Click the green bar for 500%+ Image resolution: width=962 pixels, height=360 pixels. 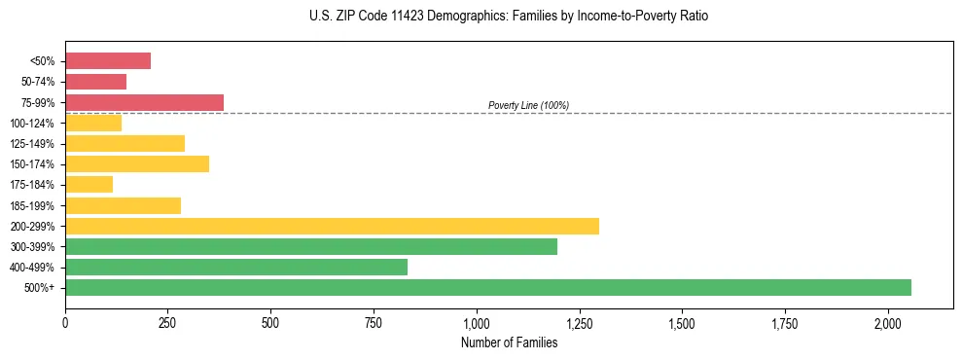tap(487, 287)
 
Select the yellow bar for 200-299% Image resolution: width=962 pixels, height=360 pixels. tap(332, 226)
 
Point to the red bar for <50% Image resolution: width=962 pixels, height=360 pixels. tap(108, 61)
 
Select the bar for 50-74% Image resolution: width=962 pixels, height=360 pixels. tap(95, 82)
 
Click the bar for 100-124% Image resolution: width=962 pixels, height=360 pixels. tap(93, 123)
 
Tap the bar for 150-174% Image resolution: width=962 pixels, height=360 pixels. tap(137, 163)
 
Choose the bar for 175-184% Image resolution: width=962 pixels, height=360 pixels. tap(89, 184)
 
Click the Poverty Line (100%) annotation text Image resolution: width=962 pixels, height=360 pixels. tap(528, 105)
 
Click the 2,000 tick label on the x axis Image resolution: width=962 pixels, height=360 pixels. tap(888, 322)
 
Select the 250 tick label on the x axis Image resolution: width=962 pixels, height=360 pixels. tap(168, 322)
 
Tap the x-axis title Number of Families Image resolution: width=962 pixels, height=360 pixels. tap(509, 342)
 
